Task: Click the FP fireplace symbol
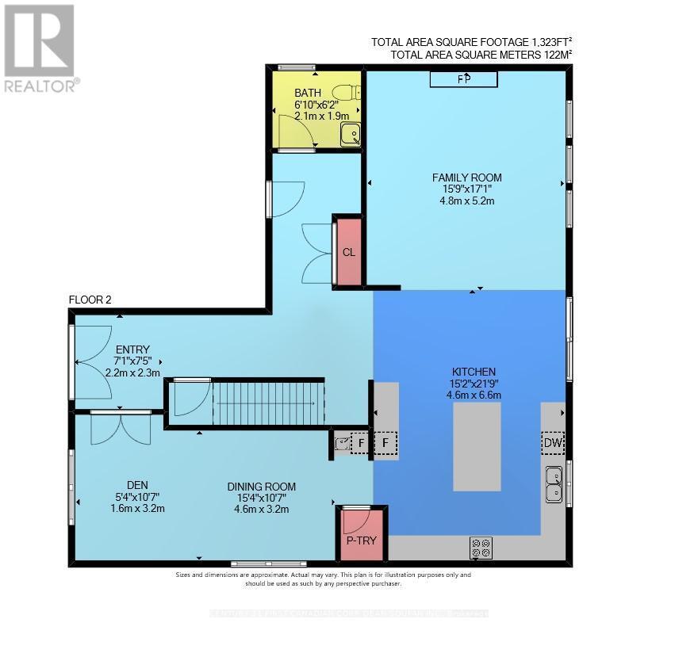tap(464, 78)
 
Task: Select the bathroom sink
tap(350, 136)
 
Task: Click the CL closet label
tap(348, 253)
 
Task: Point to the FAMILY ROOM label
tap(466, 178)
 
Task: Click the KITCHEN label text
tap(474, 372)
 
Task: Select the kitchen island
tap(477, 446)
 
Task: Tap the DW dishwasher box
tap(552, 444)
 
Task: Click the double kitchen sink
tap(554, 484)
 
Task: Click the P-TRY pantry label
tap(362, 542)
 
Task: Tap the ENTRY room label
tap(133, 350)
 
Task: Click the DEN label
tap(138, 486)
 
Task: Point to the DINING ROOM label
tap(262, 487)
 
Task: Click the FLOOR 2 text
tap(90, 300)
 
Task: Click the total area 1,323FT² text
tap(471, 43)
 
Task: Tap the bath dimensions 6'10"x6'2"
tap(316, 105)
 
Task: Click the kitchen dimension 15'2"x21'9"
tap(476, 384)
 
